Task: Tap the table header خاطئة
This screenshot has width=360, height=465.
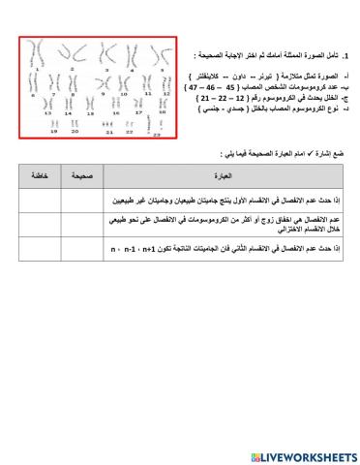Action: (38, 176)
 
